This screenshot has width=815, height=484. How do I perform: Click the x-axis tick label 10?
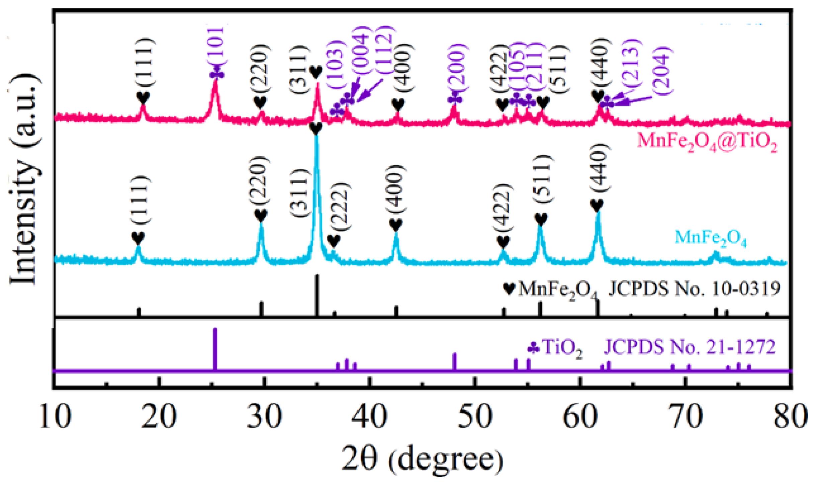(56, 416)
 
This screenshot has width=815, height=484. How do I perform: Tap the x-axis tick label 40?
(369, 416)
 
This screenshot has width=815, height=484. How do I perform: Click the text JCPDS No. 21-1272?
(689, 347)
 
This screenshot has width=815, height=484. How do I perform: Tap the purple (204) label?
(662, 70)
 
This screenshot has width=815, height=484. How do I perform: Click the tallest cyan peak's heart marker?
(316, 129)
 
